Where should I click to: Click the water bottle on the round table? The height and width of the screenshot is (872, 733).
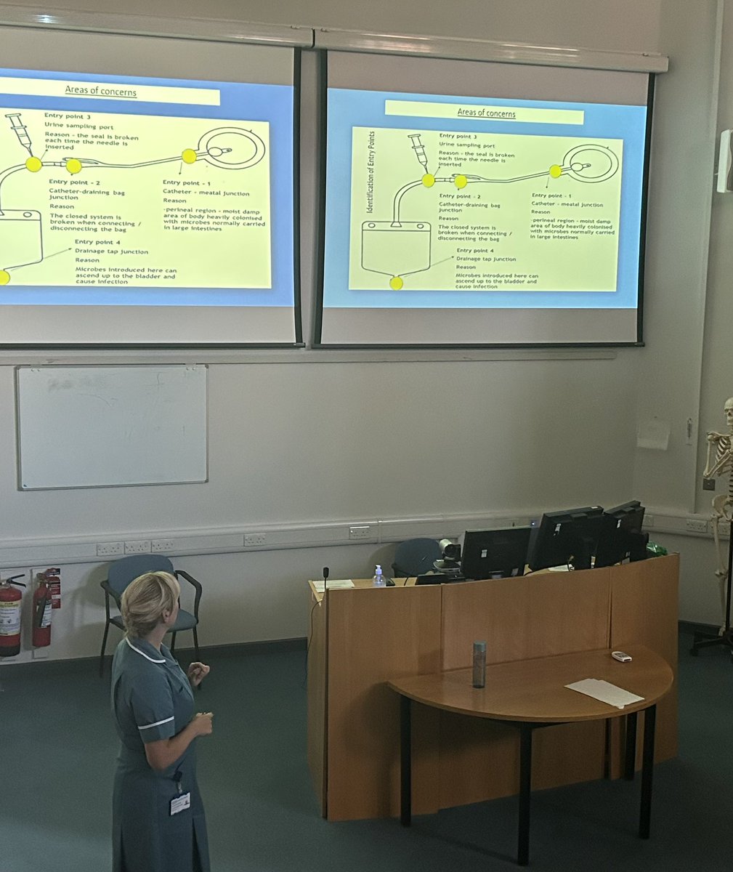click(479, 664)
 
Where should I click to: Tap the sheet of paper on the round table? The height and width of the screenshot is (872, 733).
click(604, 692)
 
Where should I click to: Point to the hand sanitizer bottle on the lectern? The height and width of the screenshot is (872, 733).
click(378, 576)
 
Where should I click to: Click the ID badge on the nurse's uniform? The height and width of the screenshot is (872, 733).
click(179, 802)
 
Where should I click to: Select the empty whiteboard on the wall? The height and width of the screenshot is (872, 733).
click(113, 426)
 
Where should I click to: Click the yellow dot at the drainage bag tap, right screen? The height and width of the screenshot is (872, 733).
click(396, 283)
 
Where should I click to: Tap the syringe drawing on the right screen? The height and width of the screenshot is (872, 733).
click(418, 152)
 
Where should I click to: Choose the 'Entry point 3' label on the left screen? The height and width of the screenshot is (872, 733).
click(67, 115)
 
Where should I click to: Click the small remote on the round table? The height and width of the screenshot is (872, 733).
click(621, 656)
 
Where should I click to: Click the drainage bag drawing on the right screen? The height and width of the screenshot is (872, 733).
click(395, 247)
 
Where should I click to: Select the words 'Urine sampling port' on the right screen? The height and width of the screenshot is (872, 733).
click(468, 145)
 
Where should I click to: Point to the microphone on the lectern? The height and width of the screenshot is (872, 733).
click(325, 578)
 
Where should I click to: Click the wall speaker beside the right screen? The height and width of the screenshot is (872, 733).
click(724, 161)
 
